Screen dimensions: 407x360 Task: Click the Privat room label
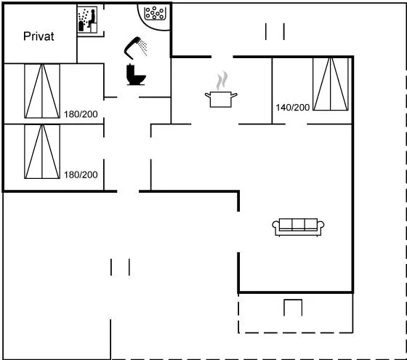(x=39, y=36)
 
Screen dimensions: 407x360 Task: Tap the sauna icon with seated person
(x=87, y=20)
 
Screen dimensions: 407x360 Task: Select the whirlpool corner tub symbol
(x=155, y=14)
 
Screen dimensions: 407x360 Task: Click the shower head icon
(x=135, y=48)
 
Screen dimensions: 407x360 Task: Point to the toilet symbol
(x=136, y=74)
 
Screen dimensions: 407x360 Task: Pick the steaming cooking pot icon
(x=221, y=89)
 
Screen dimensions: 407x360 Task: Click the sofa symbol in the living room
(x=298, y=227)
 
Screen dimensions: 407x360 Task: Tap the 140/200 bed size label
(x=292, y=108)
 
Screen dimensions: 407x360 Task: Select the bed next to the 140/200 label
(x=331, y=84)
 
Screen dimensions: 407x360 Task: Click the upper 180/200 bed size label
(x=81, y=114)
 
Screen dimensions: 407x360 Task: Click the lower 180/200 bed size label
(x=81, y=175)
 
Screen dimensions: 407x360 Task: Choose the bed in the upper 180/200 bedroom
(x=42, y=91)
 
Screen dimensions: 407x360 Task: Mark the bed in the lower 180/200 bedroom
(x=42, y=152)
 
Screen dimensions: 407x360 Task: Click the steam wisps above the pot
(x=222, y=81)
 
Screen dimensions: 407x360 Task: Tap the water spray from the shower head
(x=142, y=47)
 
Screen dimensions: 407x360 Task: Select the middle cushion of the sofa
(x=298, y=225)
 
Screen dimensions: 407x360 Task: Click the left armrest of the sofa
(x=275, y=225)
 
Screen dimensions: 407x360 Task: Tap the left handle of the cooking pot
(x=207, y=95)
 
